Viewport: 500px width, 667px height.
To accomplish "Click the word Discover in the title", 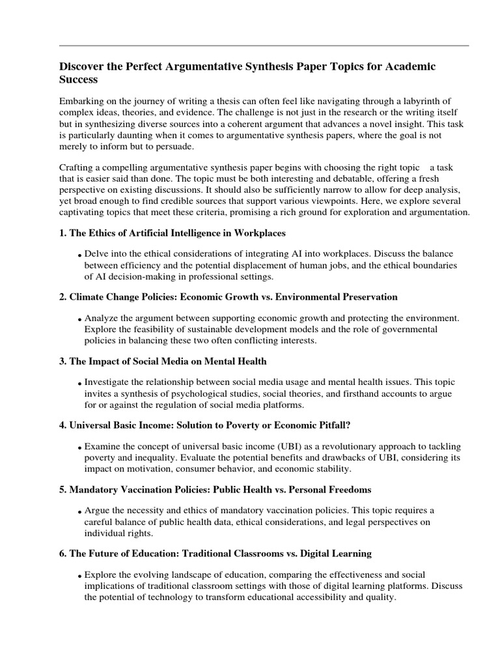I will (83, 67).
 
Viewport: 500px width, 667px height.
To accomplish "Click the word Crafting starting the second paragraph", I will (78, 168).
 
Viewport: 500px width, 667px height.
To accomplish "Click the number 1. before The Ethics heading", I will (63, 233).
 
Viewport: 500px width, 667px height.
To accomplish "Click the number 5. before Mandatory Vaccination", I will (63, 490).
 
